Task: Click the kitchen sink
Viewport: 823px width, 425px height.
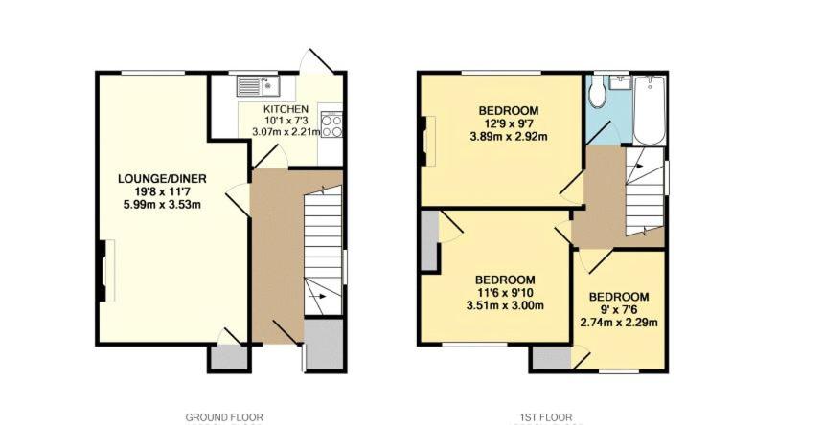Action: [x=259, y=86]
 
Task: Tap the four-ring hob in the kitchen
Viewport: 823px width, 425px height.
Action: [x=331, y=125]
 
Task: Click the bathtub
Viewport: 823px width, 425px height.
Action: [x=650, y=111]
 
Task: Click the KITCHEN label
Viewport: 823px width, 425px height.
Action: [x=286, y=109]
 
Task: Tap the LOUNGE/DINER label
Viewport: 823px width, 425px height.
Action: [x=162, y=178]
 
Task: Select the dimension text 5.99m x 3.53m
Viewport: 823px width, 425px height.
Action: [x=162, y=205]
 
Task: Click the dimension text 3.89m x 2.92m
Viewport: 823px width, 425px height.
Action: [x=509, y=137]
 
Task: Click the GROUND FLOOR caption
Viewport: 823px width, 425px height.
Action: [x=224, y=417]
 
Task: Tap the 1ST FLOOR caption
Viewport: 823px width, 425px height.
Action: [x=542, y=417]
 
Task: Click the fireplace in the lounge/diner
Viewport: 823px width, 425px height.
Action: [x=106, y=271]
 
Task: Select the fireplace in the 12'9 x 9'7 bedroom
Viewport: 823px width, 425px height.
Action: [x=427, y=141]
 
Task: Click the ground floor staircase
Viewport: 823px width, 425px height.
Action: [x=323, y=251]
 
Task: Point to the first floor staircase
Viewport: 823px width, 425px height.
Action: [x=645, y=191]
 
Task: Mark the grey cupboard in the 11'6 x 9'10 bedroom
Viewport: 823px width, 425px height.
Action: [x=429, y=241]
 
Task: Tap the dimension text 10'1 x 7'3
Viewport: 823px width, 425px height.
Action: [x=286, y=121]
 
